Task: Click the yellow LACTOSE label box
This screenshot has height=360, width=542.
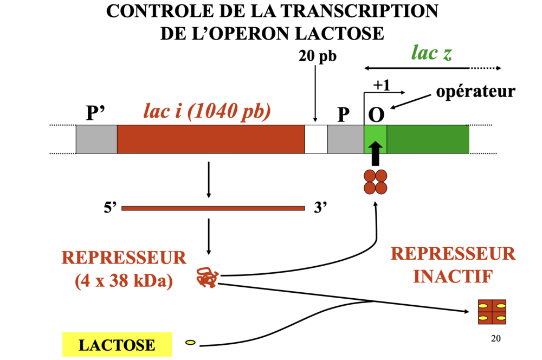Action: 117,344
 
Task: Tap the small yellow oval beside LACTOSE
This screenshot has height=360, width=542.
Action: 190,343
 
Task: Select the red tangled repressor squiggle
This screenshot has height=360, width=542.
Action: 207,277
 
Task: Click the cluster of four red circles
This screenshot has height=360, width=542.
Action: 375,182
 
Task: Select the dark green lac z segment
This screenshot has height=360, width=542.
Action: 428,139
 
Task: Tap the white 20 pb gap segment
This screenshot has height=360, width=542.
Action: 315,139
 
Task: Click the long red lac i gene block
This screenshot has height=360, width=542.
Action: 210,139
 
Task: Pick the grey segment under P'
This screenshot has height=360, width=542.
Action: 96,139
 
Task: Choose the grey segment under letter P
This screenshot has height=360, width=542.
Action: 345,139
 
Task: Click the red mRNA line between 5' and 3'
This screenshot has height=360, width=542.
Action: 213,208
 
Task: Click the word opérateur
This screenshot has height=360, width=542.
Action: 475,91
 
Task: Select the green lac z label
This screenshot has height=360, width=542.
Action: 431,53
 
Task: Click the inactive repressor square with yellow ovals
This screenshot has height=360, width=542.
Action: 492,312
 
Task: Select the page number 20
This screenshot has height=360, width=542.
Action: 495,339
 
